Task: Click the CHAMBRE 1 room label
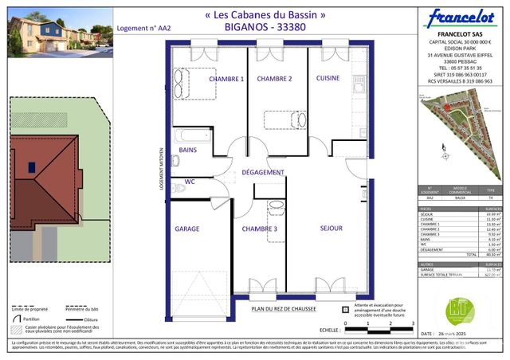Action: coord(226,79)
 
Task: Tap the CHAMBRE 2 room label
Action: coord(273,79)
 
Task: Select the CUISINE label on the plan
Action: coord(328,78)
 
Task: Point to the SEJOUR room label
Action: coord(331,229)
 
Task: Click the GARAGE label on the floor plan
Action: coord(187,229)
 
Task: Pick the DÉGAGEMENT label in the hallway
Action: coord(263,172)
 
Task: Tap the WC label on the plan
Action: coord(190,182)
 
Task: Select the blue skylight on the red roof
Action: coord(30,167)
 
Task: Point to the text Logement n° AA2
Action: coord(143,27)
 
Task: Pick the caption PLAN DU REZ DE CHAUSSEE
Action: coord(284,309)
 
